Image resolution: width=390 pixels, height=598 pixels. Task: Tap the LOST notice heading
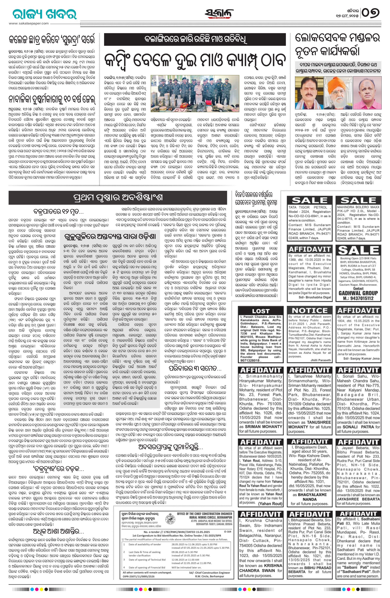pyautogui.click(x=260, y=311)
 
